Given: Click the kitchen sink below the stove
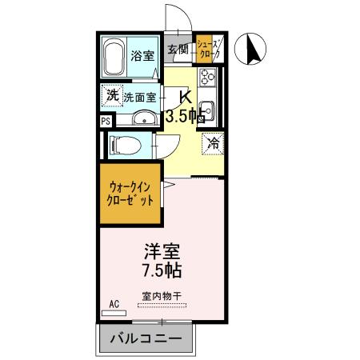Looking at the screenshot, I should [x=207, y=110].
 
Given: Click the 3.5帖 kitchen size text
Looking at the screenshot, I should [x=184, y=116].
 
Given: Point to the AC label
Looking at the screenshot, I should [x=114, y=305].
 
